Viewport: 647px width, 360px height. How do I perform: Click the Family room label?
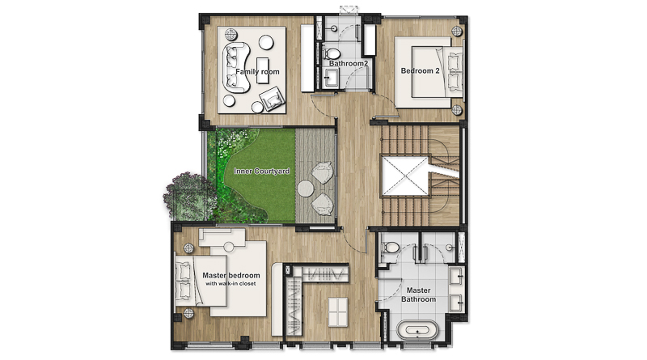[x=257, y=72]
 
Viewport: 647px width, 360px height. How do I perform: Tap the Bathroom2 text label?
[x=349, y=64]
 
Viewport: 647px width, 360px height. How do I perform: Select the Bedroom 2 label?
[x=420, y=71]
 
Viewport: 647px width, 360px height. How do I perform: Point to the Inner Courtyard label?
[x=261, y=171]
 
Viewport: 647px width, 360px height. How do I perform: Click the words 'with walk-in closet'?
[x=230, y=284]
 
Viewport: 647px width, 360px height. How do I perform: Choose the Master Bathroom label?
[x=418, y=294]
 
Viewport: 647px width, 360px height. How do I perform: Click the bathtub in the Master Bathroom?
[x=417, y=330]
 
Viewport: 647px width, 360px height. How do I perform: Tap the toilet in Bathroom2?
[x=331, y=53]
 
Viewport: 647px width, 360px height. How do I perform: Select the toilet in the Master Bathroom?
[x=390, y=248]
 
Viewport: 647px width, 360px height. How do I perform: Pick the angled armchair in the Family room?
[x=272, y=99]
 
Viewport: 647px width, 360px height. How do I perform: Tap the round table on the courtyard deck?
[x=306, y=189]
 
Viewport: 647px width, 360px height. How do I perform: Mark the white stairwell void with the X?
[x=406, y=176]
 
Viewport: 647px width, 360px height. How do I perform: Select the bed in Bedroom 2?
[x=429, y=72]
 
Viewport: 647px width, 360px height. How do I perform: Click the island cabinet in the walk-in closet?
[x=337, y=311]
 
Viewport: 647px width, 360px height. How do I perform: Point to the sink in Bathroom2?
[x=331, y=78]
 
